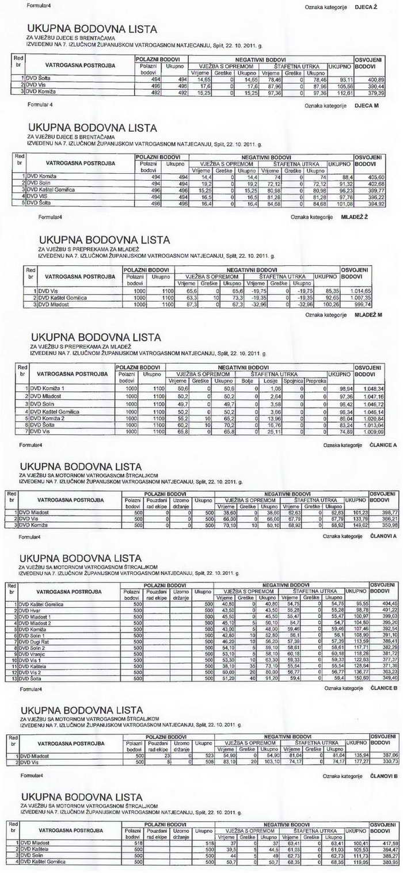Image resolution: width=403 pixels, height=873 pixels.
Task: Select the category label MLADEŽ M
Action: click(366, 315)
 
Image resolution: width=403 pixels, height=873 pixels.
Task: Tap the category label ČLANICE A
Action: click(383, 445)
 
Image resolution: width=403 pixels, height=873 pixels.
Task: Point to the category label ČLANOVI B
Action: click(383, 775)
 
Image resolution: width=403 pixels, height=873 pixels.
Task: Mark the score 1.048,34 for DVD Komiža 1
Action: click(375, 390)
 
